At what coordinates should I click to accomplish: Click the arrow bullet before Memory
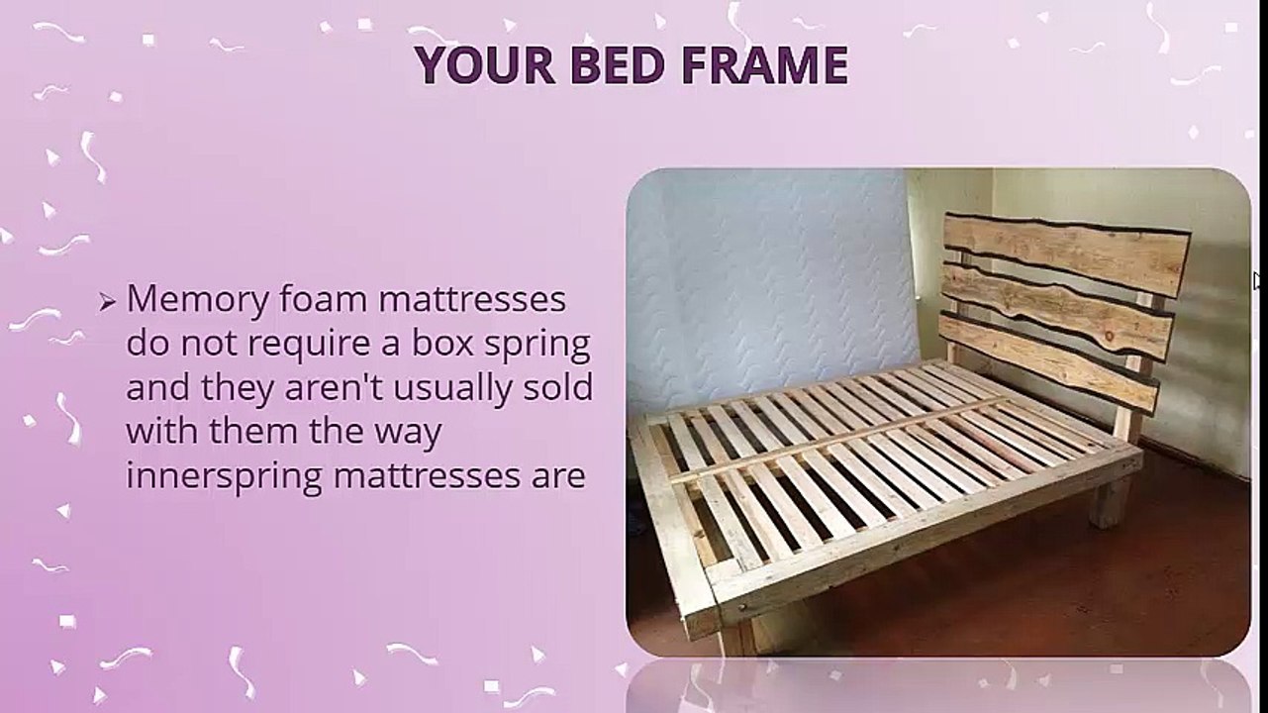(x=108, y=302)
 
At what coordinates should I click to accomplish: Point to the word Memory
(x=196, y=299)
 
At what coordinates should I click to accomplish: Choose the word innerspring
(x=225, y=477)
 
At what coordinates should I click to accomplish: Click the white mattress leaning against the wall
(x=772, y=277)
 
